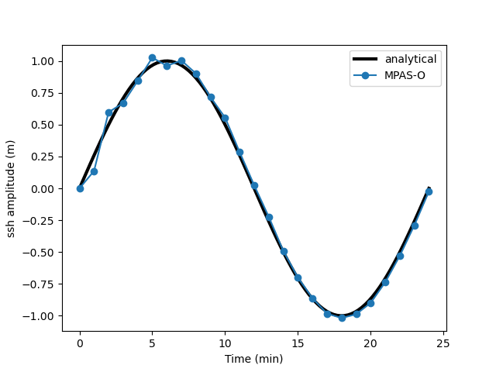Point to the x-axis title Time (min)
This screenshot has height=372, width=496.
254,359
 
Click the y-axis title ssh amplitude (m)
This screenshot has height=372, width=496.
12,189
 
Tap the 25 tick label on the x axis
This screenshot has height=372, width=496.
443,343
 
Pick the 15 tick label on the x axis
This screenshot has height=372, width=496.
298,343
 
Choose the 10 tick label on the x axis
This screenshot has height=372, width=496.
225,343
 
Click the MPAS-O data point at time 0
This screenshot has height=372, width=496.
80,188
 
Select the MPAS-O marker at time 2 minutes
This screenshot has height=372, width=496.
108,113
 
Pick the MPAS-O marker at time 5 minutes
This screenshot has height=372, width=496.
152,58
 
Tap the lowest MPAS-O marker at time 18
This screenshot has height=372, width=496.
342,318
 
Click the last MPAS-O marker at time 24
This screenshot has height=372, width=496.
429,191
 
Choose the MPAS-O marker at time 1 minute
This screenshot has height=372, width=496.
94,171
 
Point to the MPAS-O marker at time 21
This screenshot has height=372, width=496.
385,282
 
